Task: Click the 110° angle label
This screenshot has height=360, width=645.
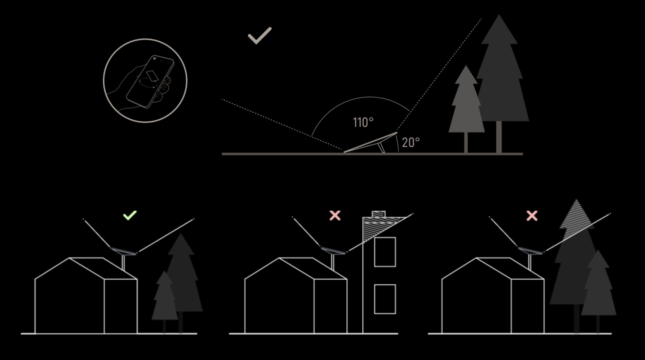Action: pos(363,123)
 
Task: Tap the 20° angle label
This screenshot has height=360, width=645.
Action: pos(411,142)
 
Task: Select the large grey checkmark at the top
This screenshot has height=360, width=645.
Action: pos(260,36)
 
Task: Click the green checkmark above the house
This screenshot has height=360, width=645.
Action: pos(130,215)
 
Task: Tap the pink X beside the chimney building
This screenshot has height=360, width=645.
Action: pos(335,215)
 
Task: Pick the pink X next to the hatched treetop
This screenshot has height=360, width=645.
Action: pos(532,215)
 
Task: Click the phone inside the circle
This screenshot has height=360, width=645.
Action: pos(150,82)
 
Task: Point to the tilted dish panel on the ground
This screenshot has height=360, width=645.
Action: pos(371,142)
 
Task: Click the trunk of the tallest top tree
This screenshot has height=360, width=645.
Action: pos(499,137)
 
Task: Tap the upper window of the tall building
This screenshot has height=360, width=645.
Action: pos(385,252)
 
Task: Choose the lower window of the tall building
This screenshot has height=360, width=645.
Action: pos(385,299)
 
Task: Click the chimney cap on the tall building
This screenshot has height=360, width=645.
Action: pos(379,214)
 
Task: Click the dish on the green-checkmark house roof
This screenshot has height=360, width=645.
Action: pos(123,251)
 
